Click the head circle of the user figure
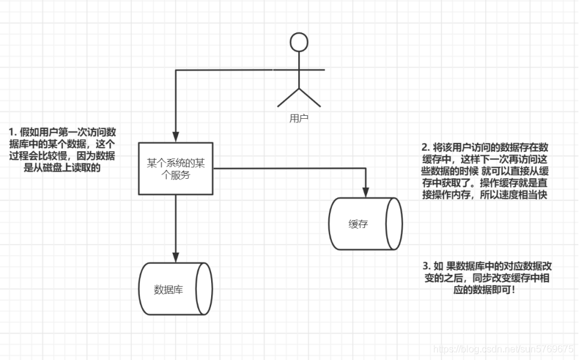[298, 42]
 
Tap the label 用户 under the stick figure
[298, 119]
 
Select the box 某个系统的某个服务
[176, 169]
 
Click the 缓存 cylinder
[365, 224]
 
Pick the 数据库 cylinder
[175, 290]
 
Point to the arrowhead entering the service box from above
[175, 137]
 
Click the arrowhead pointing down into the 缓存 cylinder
[365, 191]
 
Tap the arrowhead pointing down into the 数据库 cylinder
[175, 257]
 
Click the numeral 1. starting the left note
[13, 132]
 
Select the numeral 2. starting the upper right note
[425, 147]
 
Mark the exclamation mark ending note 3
[514, 290]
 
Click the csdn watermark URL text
[504, 349]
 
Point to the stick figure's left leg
[287, 97]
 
